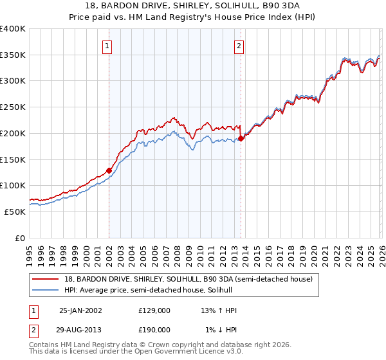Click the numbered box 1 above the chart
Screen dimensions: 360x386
click(x=107, y=46)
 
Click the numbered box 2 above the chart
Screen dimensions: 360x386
click(x=239, y=46)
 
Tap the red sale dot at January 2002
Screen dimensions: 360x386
click(x=109, y=170)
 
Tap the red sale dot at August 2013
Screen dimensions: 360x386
click(x=241, y=138)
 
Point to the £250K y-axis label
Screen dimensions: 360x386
click(x=13, y=107)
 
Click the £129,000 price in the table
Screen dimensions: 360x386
click(x=154, y=310)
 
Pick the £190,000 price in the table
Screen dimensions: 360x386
click(x=154, y=329)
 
